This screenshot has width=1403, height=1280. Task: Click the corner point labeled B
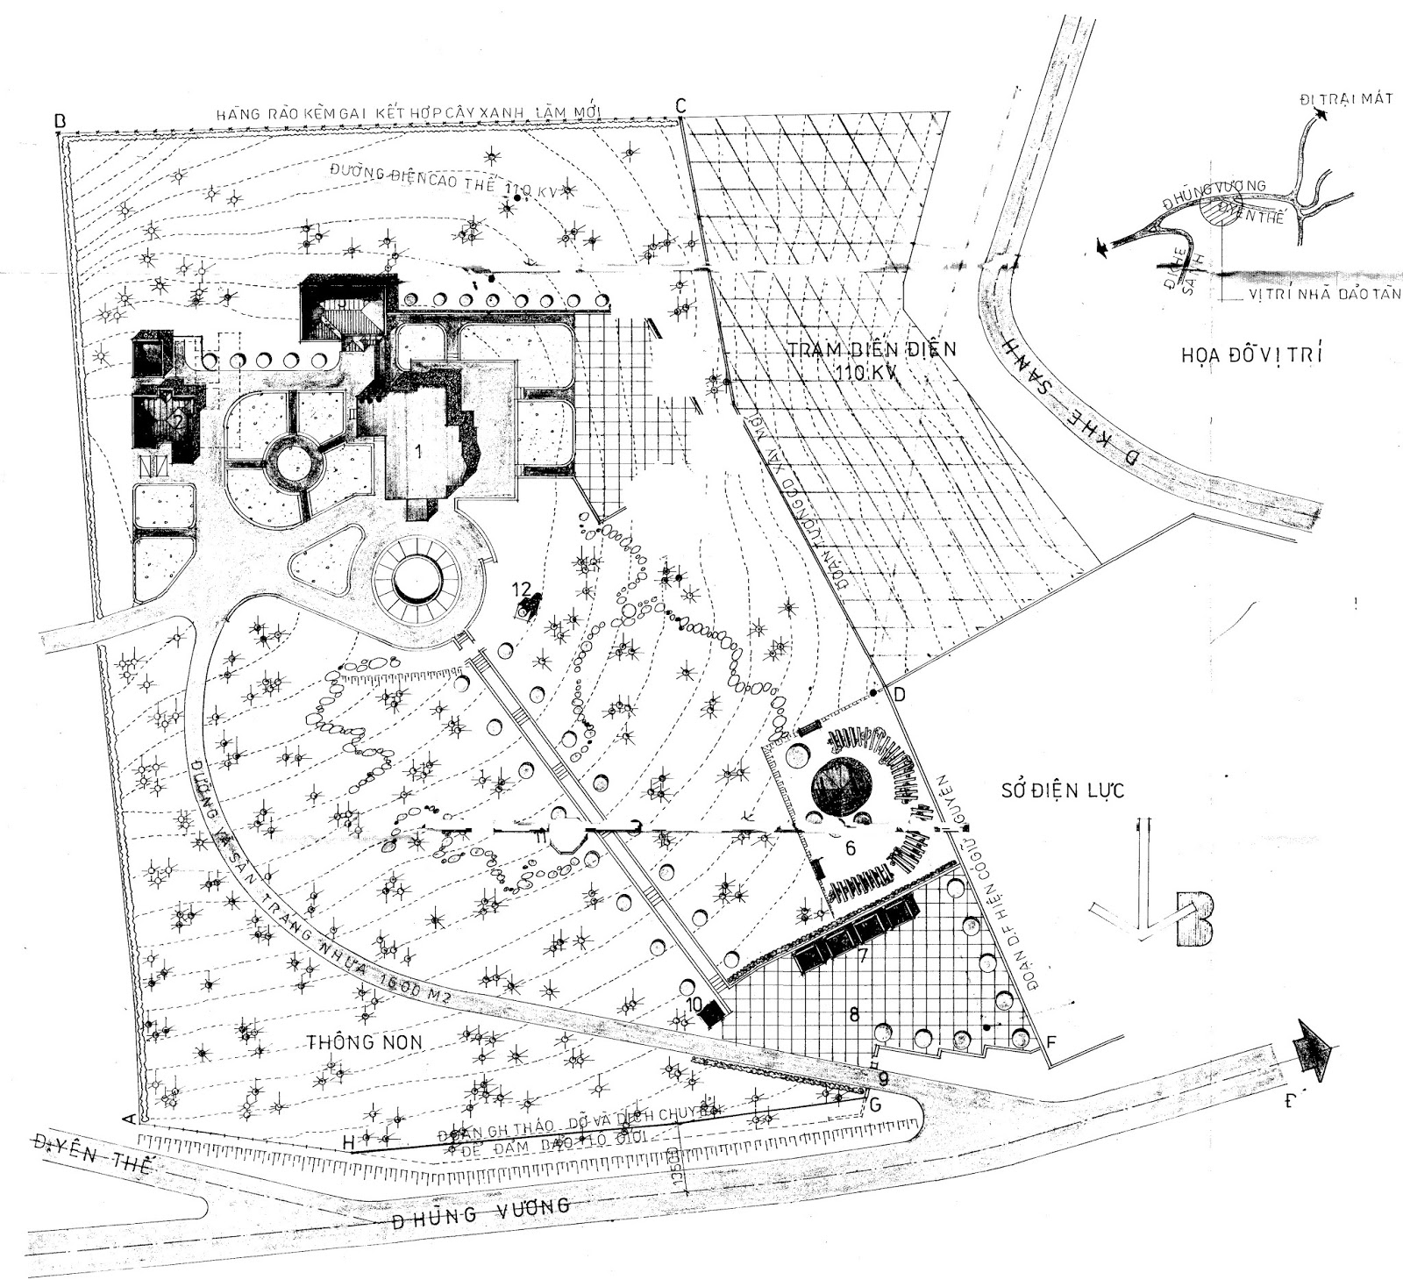(59, 119)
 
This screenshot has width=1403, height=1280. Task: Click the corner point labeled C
(680, 104)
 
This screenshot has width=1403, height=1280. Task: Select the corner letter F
(1053, 1042)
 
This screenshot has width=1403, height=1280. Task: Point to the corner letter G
(874, 1104)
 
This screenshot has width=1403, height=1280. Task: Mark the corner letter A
(128, 1119)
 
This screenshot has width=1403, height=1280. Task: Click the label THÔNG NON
(365, 1042)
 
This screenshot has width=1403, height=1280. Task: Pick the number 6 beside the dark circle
(850, 848)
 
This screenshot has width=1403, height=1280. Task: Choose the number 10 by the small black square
(694, 1003)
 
